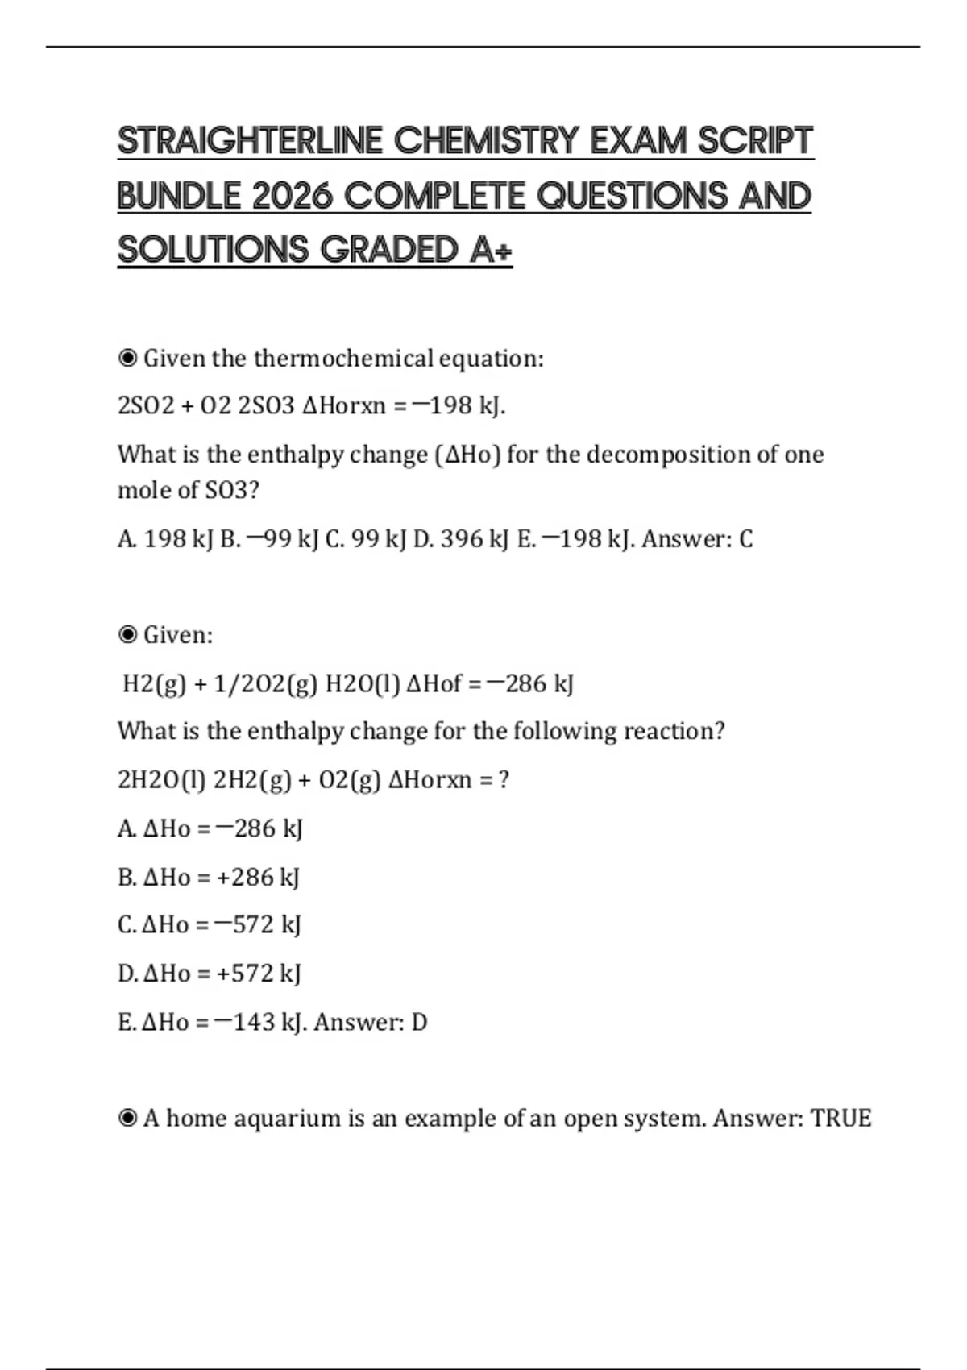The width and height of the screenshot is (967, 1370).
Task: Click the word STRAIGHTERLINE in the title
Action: (251, 141)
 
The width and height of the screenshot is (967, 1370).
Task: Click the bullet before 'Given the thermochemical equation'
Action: (127, 359)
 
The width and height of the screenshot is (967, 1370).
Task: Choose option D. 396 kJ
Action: (461, 539)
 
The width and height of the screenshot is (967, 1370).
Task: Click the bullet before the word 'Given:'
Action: (127, 635)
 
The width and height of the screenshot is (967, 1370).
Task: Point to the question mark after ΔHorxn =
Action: (504, 780)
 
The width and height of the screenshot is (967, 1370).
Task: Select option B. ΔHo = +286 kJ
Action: (209, 877)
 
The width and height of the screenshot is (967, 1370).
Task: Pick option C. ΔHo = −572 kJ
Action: (209, 924)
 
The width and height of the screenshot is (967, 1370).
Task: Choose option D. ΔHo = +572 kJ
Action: (209, 974)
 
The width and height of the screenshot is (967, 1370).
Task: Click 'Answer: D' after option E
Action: (371, 1023)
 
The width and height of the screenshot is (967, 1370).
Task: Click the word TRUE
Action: (840, 1119)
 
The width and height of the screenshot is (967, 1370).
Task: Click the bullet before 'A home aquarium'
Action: (127, 1119)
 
